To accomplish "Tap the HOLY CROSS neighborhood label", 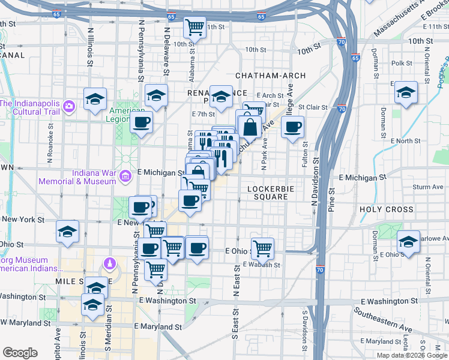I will (x=387, y=209).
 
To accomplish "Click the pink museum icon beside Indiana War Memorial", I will (x=125, y=176).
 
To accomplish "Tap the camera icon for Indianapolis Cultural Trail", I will (x=69, y=107).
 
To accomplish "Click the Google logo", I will (x=20, y=353).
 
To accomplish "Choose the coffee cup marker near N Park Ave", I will (x=292, y=127).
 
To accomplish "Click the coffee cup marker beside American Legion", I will (x=142, y=122).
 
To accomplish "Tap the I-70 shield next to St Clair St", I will (x=342, y=109).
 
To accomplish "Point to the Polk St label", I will (x=401, y=63).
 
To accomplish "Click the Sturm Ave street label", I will (x=428, y=187).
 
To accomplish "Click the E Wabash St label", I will (x=262, y=265).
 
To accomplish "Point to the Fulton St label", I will (x=306, y=154).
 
